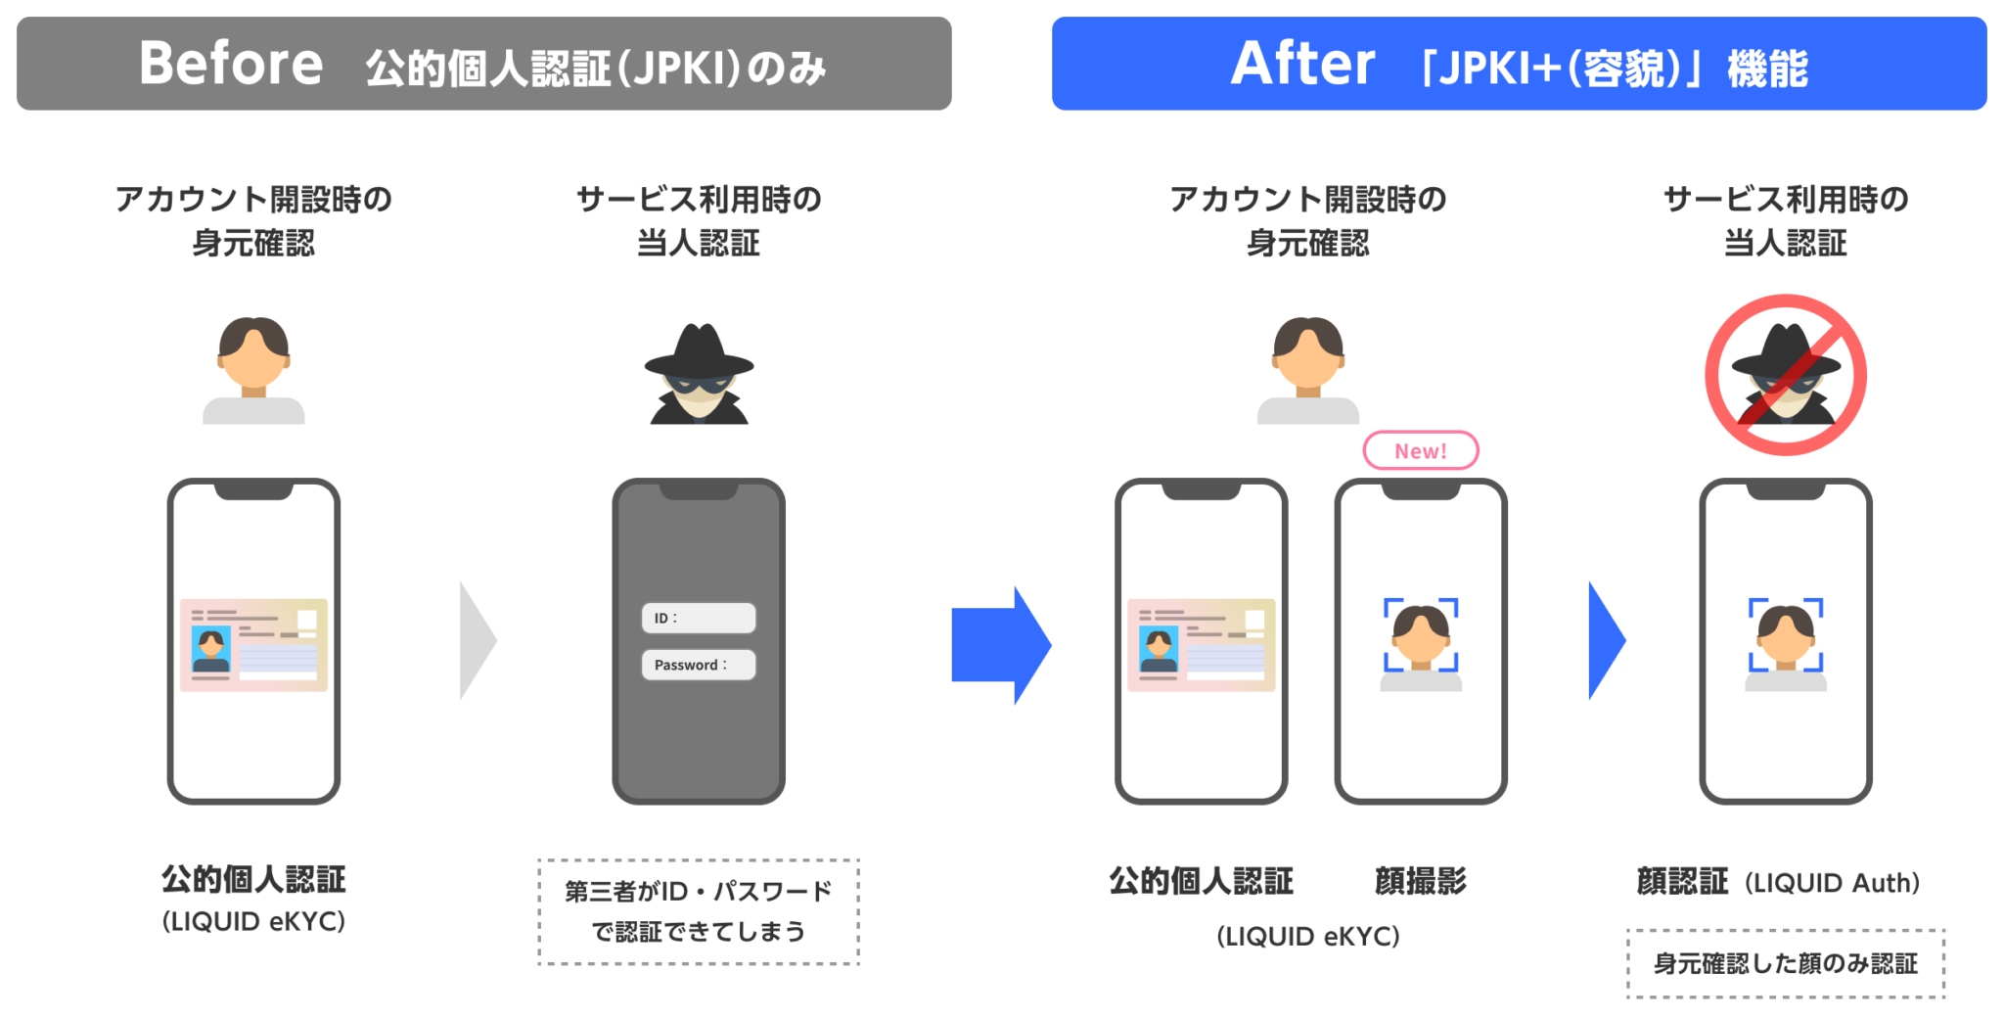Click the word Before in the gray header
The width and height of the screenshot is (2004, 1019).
tap(231, 64)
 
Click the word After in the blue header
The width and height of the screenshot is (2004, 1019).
tap(1302, 64)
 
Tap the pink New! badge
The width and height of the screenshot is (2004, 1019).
tap(1420, 450)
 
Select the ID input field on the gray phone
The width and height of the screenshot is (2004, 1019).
tap(699, 618)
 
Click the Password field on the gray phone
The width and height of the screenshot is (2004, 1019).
tap(699, 665)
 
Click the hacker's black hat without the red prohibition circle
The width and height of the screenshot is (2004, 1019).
tap(699, 352)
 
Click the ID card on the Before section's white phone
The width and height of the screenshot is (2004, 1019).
tap(253, 645)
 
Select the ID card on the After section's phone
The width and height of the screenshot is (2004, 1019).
tap(1201, 645)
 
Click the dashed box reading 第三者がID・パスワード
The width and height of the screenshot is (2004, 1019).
tap(699, 911)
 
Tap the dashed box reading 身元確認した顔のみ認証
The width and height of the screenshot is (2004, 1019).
tap(1786, 964)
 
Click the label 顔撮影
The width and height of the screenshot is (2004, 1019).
tap(1420, 881)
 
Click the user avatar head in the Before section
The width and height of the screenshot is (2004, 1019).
tap(253, 352)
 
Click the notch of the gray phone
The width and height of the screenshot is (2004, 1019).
tap(699, 490)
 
